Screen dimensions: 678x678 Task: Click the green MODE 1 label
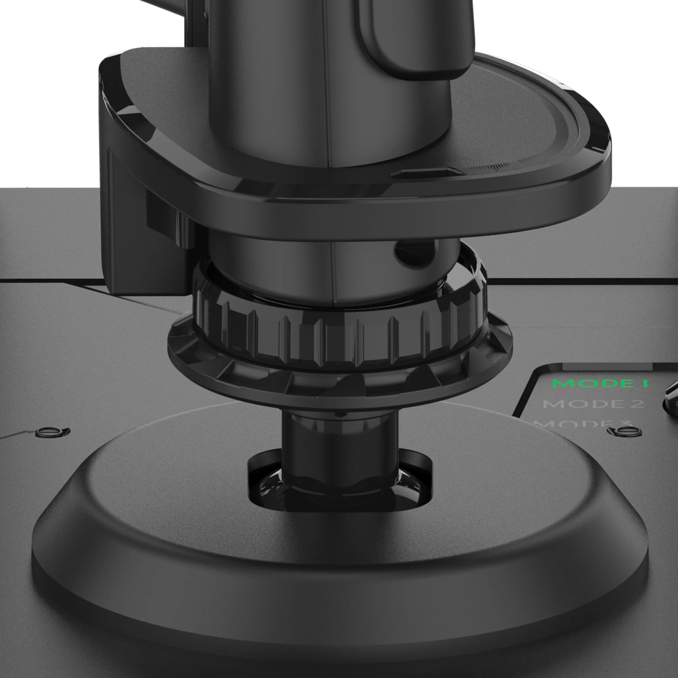coord(600,383)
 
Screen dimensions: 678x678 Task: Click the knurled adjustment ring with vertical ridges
coord(337,337)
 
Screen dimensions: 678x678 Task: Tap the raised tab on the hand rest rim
coord(426,173)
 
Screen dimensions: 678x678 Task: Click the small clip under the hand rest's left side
coord(182,228)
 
